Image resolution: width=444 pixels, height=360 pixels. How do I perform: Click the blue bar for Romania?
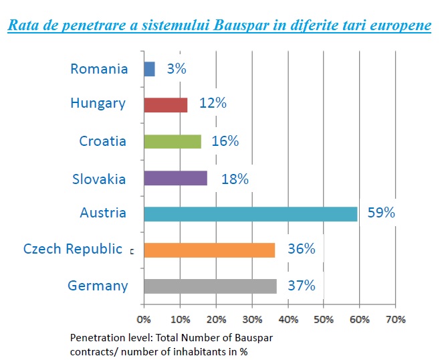149,69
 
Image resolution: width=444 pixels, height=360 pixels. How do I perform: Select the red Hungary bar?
165,104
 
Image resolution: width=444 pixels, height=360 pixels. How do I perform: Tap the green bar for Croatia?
173,141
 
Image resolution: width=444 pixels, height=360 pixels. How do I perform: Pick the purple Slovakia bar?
175,178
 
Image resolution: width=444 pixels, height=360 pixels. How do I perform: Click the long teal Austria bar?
250,213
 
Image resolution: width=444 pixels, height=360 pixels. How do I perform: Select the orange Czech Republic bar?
209,250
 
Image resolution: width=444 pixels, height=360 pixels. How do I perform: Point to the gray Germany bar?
210,286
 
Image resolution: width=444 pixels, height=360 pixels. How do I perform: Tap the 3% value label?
175,69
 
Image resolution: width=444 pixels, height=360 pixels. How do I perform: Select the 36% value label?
300,250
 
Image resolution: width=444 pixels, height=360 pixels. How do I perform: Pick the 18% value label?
235,179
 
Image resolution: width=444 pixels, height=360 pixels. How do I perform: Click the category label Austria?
103,213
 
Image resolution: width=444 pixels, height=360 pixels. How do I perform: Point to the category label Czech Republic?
73,250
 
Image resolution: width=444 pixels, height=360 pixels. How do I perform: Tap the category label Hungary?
98,104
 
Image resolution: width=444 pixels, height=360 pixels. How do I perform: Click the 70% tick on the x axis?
395,319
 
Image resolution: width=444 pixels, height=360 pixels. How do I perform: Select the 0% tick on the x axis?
144,319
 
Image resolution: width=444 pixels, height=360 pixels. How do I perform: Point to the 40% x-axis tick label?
288,319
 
